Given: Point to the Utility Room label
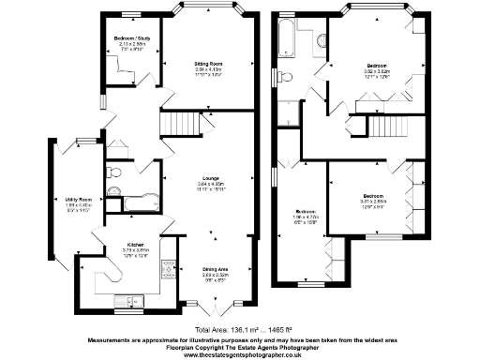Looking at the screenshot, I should [79, 200].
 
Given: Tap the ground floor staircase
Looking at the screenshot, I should [182, 124].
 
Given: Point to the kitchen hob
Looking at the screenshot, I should [170, 271].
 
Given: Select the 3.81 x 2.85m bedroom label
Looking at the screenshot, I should [372, 202].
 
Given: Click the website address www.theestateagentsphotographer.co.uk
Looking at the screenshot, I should [240, 355].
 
